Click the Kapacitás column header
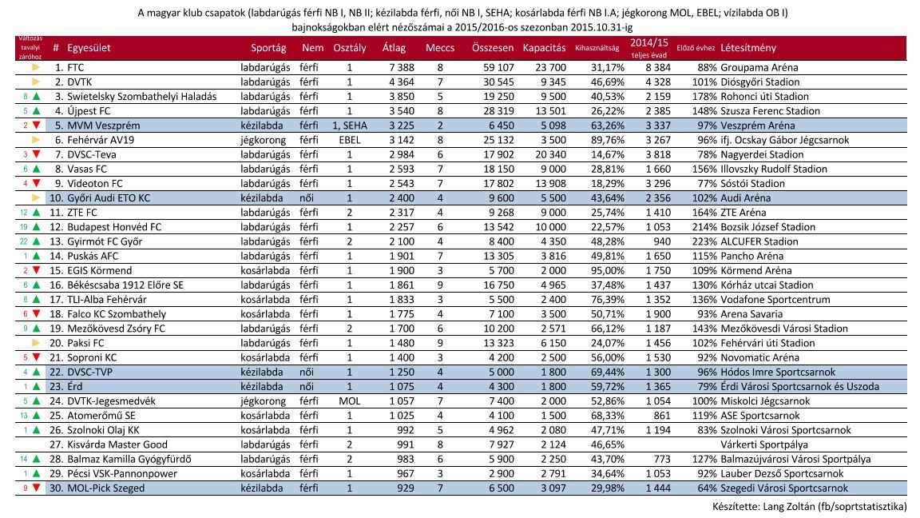(x=544, y=48)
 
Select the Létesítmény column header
(x=748, y=48)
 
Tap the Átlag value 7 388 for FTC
(x=402, y=67)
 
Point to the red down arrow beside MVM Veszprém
(x=37, y=125)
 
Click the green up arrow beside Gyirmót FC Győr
(x=37, y=241)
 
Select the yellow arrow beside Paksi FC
(x=37, y=343)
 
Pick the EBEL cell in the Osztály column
(x=350, y=140)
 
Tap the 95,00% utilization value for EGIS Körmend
(x=608, y=271)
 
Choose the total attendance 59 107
(x=498, y=67)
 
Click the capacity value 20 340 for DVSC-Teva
(x=551, y=154)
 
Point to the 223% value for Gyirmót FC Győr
(x=704, y=241)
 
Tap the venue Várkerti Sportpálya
(x=764, y=444)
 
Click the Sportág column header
(x=268, y=48)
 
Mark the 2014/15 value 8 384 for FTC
(x=658, y=67)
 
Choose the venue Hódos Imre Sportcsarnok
(x=778, y=372)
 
